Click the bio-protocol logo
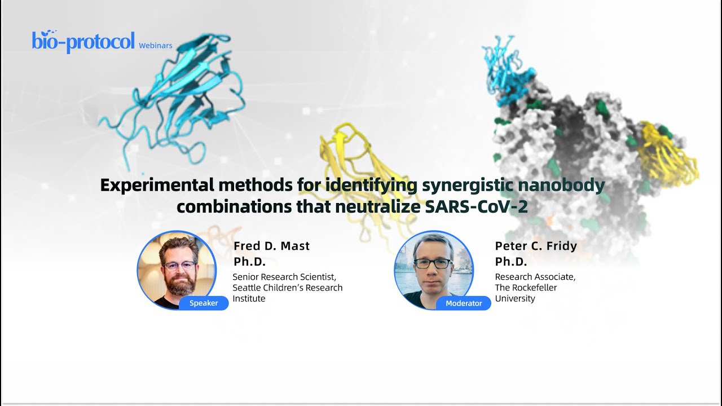(83, 42)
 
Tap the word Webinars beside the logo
(155, 46)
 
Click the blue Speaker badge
(204, 303)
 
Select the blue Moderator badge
(464, 303)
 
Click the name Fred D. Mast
(272, 246)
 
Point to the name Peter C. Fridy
(536, 246)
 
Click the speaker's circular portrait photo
(177, 270)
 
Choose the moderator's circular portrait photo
(433, 270)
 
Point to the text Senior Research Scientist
(284, 277)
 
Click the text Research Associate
(535, 277)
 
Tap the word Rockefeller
(535, 288)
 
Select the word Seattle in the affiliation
(248, 288)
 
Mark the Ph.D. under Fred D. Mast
(249, 262)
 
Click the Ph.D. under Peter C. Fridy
(511, 262)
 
